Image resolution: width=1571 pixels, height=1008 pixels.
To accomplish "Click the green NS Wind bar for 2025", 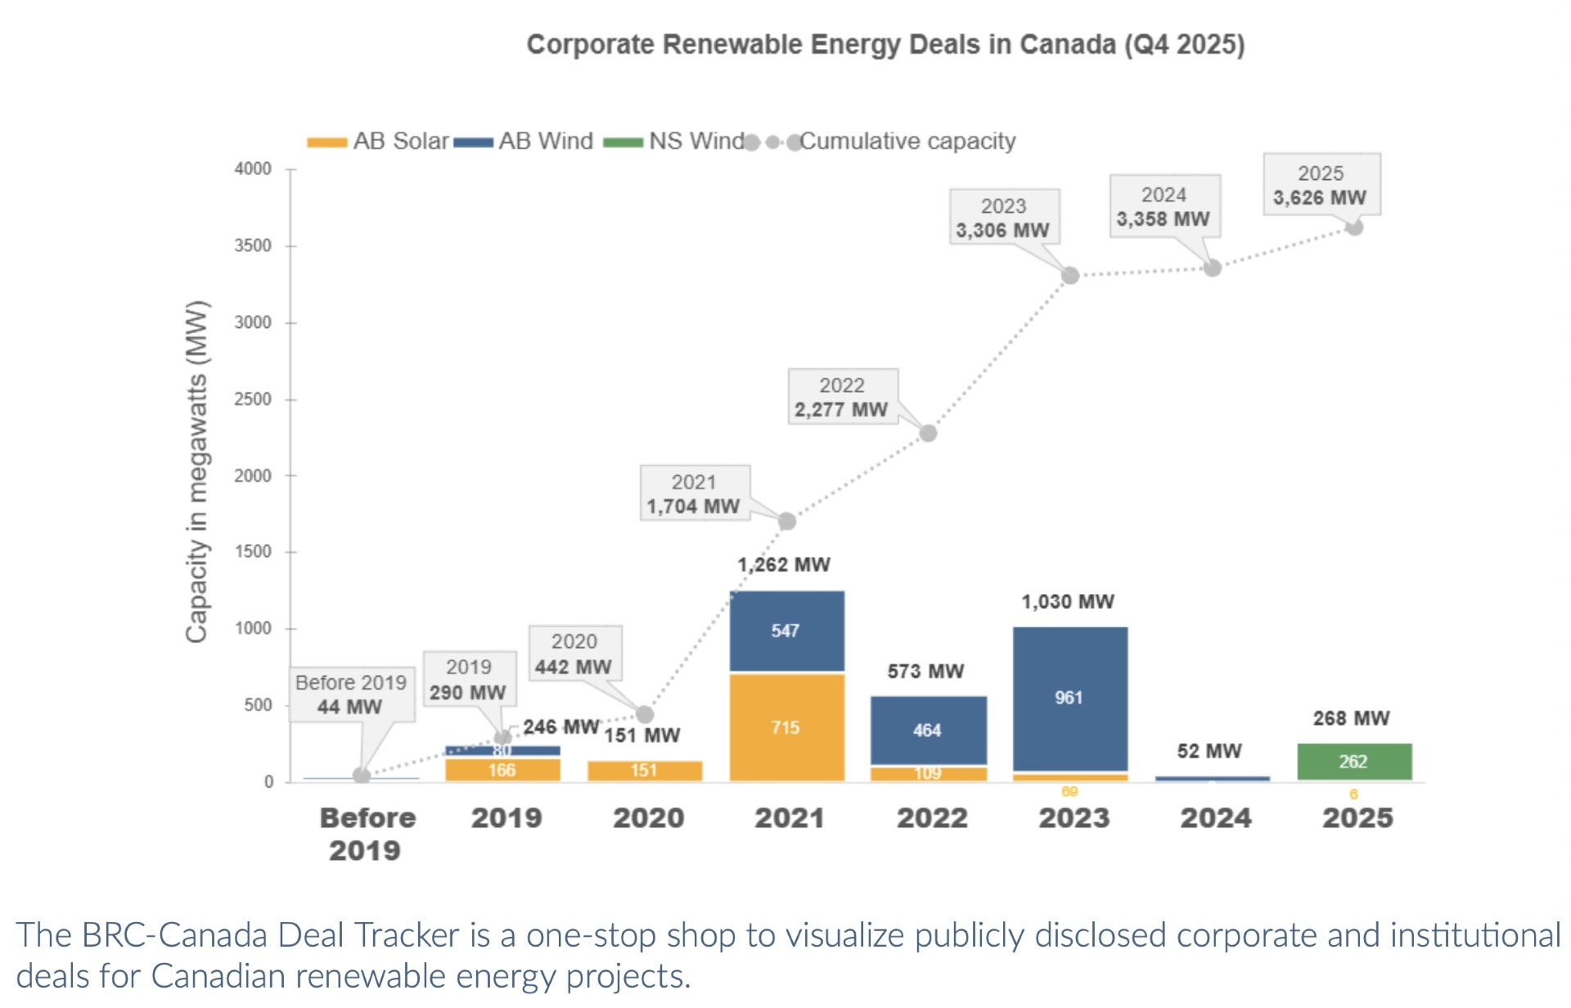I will point(1354,761).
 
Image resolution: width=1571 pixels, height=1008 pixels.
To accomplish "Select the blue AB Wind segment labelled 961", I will point(1069,698).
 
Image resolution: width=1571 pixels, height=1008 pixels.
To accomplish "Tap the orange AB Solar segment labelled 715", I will point(786,727).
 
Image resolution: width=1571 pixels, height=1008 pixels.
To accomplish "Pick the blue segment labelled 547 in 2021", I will point(786,630).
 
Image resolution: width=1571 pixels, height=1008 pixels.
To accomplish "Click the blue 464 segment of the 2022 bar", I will point(928,730).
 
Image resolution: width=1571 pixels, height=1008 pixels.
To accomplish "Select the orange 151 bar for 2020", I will point(645,771).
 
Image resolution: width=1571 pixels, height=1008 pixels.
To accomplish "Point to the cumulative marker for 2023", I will point(1070,276).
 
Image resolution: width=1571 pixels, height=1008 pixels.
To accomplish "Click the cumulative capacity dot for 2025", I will point(1354,227).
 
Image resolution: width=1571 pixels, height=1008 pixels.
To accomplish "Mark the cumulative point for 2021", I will point(786,521).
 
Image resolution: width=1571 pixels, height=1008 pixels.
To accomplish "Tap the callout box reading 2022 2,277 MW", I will point(843,397).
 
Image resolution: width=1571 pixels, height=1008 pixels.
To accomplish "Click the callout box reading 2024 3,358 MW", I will point(1164,206).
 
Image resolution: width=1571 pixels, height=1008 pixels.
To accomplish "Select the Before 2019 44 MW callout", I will point(352,694).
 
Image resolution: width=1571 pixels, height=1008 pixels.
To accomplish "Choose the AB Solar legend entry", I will point(379,142).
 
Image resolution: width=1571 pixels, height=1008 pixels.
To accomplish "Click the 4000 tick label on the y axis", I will point(253,169).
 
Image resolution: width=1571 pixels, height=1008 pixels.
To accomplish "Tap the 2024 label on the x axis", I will point(1216,817).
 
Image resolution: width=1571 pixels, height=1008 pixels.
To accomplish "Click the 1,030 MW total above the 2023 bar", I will point(1068,601).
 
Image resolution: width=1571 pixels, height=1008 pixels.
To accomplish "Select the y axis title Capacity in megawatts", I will point(196,472).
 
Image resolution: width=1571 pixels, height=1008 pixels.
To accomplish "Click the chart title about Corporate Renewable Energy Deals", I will point(885,44).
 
